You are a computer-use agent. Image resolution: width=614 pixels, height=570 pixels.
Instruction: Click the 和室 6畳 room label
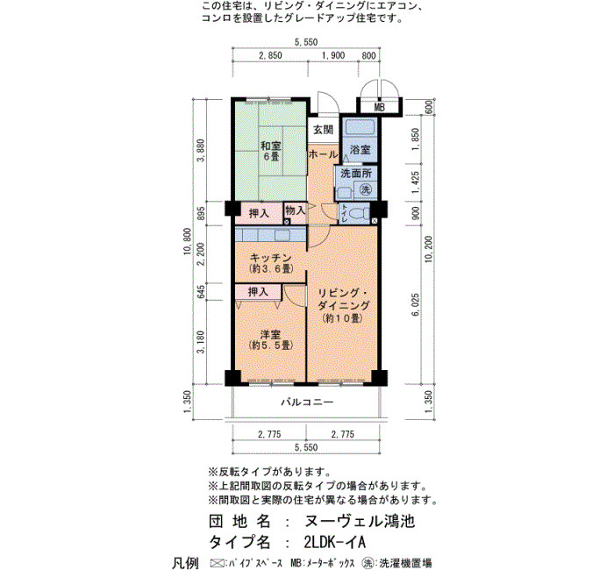pyautogui.click(x=271, y=151)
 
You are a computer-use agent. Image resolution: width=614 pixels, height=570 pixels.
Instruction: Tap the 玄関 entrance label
pyautogui.click(x=323, y=130)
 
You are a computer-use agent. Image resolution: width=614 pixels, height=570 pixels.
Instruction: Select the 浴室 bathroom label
pyautogui.click(x=360, y=150)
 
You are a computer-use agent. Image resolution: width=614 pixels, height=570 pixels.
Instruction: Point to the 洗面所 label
pyautogui.click(x=356, y=173)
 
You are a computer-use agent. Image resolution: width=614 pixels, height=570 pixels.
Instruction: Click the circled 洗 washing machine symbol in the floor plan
pyautogui.click(x=366, y=190)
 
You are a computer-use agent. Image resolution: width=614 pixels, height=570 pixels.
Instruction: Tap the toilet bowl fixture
pyautogui.click(x=359, y=214)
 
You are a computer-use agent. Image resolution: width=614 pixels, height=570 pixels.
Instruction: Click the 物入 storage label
pyautogui.click(x=296, y=210)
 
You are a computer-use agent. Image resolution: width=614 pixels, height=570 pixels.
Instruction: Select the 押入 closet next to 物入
pyautogui.click(x=259, y=214)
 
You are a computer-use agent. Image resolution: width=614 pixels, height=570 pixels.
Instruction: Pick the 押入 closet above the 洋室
pyautogui.click(x=258, y=292)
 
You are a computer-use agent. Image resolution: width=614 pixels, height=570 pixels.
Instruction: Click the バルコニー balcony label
pyautogui.click(x=307, y=402)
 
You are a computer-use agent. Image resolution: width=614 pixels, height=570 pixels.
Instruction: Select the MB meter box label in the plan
pyautogui.click(x=379, y=107)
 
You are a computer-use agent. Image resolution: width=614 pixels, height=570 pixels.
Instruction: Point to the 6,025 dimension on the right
pyautogui.click(x=416, y=305)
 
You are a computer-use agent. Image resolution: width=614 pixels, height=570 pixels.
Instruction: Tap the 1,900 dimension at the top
pyautogui.click(x=333, y=55)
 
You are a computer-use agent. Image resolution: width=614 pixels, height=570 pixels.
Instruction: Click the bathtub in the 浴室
pyautogui.click(x=360, y=127)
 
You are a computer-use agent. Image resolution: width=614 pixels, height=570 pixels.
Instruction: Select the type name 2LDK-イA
pyautogui.click(x=334, y=542)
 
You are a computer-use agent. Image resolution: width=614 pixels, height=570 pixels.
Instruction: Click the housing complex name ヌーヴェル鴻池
pyautogui.click(x=359, y=521)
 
